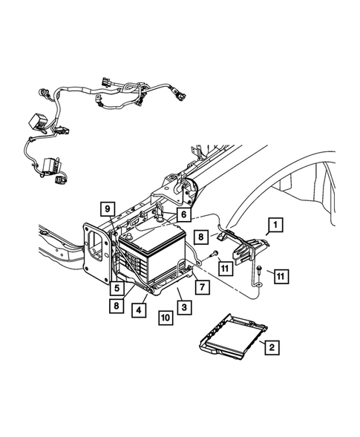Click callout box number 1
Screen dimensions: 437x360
click(x=275, y=223)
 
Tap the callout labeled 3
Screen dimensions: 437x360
click(x=180, y=306)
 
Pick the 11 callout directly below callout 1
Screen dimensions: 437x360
click(x=280, y=276)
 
